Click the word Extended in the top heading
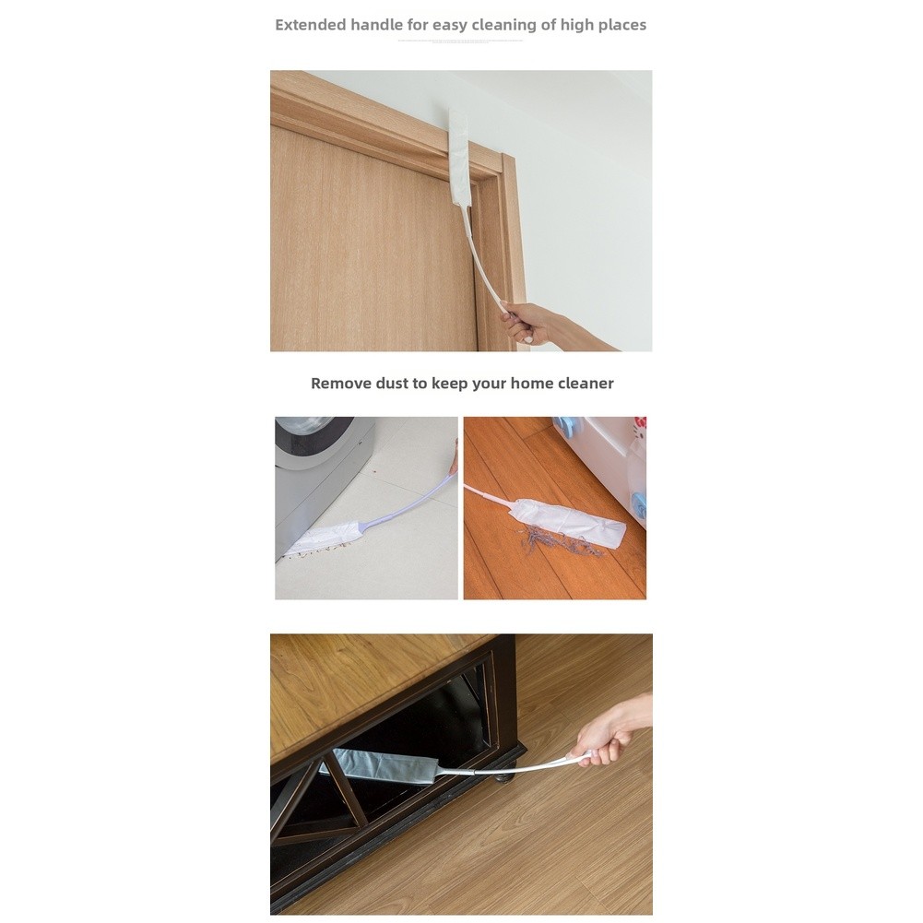[310, 25]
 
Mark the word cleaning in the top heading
[505, 26]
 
